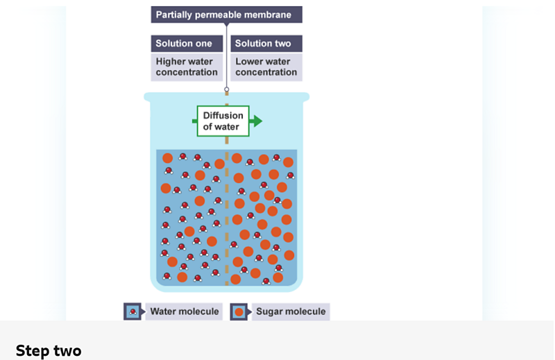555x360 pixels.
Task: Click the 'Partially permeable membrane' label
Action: [x=226, y=15]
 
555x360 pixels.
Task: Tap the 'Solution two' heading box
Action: [x=266, y=43]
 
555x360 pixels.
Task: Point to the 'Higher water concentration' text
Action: [x=187, y=67]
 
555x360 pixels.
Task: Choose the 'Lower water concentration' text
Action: [x=266, y=67]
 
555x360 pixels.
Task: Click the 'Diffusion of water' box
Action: [x=223, y=121]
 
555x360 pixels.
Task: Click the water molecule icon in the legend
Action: [x=133, y=311]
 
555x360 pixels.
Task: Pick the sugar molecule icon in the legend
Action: [x=239, y=311]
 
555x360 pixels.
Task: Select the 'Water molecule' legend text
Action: [x=185, y=311]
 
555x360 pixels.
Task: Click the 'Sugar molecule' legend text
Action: [x=291, y=311]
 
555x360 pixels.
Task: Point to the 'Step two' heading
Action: [x=49, y=351]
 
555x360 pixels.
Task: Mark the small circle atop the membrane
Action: [x=226, y=89]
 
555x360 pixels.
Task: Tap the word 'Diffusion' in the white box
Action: [x=223, y=116]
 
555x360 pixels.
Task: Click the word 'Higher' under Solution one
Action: [x=171, y=62]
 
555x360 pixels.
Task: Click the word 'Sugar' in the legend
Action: [x=270, y=311]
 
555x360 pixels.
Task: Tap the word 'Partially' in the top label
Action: [x=174, y=15]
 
